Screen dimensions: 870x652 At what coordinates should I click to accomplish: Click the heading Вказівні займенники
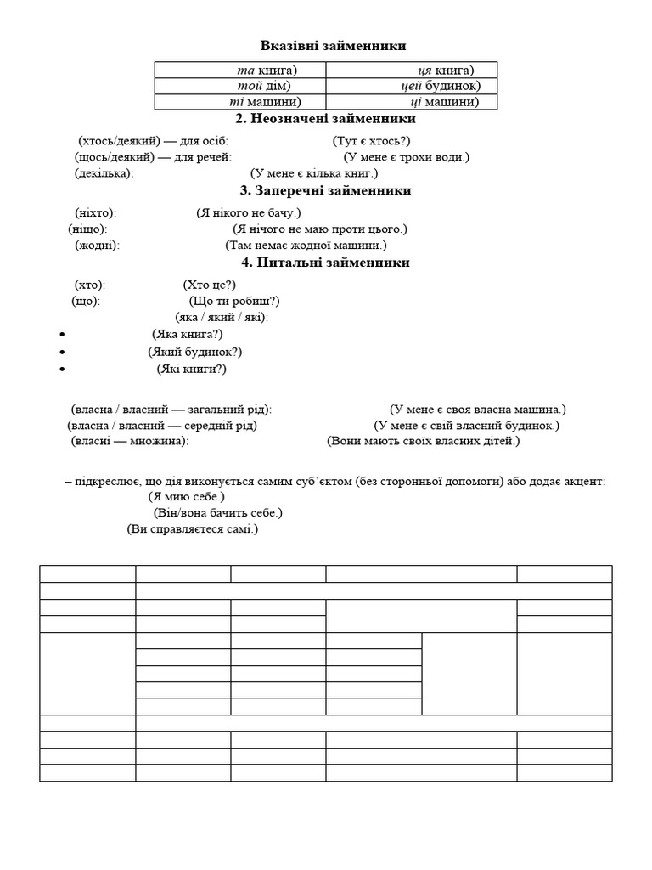click(x=326, y=46)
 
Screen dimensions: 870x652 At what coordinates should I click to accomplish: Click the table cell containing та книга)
click(x=239, y=70)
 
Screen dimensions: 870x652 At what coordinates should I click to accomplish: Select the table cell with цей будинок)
click(x=412, y=86)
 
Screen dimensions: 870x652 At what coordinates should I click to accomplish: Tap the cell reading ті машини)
click(x=239, y=102)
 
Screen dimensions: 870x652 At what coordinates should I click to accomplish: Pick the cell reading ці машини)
click(x=412, y=102)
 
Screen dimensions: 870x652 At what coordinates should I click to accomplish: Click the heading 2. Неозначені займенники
click(x=326, y=119)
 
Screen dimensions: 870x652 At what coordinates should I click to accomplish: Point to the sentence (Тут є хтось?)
click(x=371, y=141)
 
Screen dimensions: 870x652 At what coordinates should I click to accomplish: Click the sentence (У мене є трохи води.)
click(x=406, y=157)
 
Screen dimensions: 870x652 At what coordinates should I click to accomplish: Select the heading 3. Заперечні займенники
click(x=326, y=190)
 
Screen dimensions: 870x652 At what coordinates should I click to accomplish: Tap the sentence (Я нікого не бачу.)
click(x=248, y=212)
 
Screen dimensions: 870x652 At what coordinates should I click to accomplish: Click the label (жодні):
click(x=97, y=246)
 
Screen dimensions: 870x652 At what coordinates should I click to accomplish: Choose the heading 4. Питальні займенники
click(x=326, y=263)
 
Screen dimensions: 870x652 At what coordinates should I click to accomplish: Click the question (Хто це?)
click(x=209, y=285)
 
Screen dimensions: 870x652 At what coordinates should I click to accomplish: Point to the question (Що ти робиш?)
click(x=233, y=301)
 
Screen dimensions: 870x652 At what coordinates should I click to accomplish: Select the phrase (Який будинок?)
click(x=195, y=352)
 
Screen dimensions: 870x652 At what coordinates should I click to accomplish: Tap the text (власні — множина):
click(x=129, y=441)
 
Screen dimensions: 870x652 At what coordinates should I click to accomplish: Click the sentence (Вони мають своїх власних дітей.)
click(x=423, y=441)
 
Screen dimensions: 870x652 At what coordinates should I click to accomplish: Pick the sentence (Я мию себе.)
click(x=186, y=496)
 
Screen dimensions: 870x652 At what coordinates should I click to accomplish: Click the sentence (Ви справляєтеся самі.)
click(x=192, y=528)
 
